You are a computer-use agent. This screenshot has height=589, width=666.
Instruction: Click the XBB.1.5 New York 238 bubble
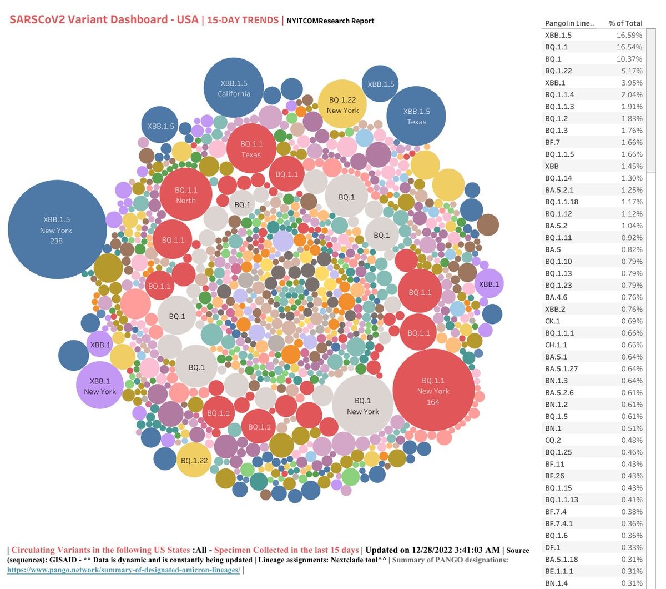(x=57, y=229)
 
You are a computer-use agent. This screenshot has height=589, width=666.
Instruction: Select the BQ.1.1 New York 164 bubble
(x=433, y=390)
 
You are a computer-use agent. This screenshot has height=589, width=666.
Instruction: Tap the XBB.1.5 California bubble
(x=234, y=88)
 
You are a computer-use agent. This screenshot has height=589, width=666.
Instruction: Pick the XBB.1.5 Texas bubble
(x=416, y=116)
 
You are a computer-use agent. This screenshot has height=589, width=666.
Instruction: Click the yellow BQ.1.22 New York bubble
(x=342, y=104)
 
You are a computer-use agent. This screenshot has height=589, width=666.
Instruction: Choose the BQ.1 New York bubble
(x=362, y=406)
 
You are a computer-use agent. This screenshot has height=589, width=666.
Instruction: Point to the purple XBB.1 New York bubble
(x=100, y=386)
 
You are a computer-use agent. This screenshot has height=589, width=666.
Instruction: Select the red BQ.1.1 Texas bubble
(x=251, y=148)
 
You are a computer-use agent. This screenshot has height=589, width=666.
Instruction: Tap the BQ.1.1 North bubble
(x=186, y=194)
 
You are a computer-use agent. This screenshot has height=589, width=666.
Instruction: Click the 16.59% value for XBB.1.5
(x=629, y=35)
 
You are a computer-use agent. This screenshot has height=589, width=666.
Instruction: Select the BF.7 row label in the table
(x=552, y=142)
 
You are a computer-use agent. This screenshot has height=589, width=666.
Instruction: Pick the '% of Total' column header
(x=625, y=23)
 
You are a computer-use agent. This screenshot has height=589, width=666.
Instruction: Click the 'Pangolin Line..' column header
(x=569, y=23)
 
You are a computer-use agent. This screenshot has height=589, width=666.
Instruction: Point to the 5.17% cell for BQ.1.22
(x=632, y=71)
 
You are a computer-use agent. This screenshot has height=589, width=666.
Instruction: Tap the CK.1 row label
(x=552, y=321)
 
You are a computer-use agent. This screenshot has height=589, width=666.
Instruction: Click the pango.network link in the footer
(x=123, y=570)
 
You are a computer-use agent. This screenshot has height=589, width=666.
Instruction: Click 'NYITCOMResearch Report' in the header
(x=330, y=21)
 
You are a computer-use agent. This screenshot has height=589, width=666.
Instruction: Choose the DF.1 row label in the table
(x=552, y=547)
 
